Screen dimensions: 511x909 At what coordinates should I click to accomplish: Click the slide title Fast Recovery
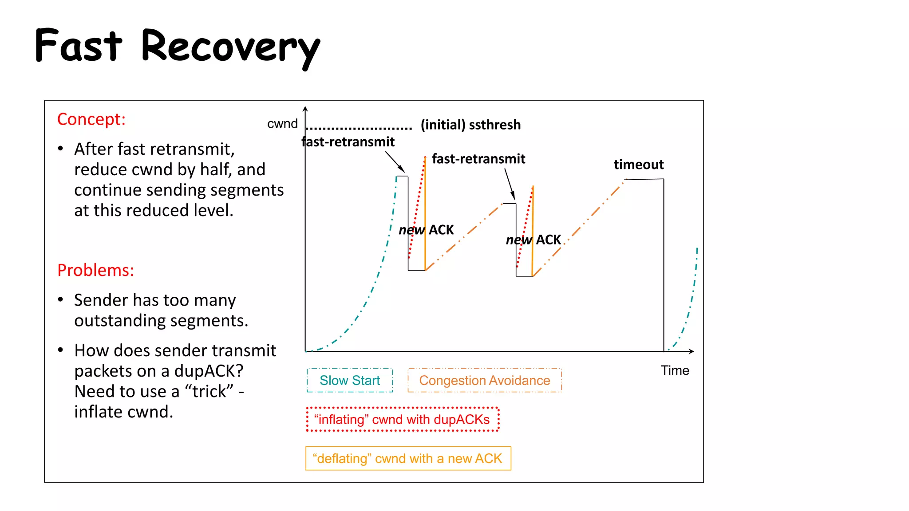[178, 46]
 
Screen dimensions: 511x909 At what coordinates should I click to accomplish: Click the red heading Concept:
[91, 119]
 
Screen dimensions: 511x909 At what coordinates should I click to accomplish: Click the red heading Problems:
[95, 270]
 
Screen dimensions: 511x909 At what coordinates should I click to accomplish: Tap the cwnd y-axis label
[282, 124]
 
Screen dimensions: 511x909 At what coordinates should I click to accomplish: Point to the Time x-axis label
[675, 370]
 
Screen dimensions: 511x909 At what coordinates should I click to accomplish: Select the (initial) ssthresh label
[470, 125]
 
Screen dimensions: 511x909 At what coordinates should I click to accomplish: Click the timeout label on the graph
[639, 165]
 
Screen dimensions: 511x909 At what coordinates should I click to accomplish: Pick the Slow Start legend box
[350, 381]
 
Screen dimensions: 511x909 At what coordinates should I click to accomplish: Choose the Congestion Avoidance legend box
[484, 381]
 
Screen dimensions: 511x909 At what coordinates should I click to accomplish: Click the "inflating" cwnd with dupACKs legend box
[402, 419]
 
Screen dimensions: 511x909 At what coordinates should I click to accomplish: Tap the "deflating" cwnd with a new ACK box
[408, 458]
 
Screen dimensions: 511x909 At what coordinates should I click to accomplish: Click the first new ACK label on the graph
[426, 230]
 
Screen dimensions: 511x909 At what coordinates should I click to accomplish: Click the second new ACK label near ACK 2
[533, 240]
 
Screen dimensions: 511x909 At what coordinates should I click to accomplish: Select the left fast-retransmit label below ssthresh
[348, 142]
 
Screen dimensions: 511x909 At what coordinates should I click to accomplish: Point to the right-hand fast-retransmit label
[478, 159]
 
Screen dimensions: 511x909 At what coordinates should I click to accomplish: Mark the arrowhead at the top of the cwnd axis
[305, 109]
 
